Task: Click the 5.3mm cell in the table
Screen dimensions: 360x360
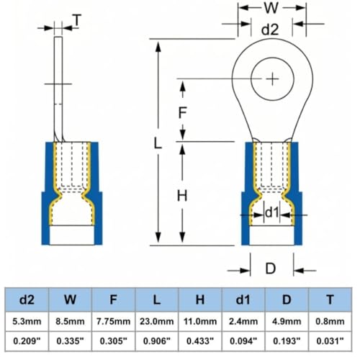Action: pos(27,321)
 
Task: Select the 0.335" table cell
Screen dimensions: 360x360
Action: pos(70,341)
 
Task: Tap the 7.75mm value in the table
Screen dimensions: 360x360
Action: pos(113,321)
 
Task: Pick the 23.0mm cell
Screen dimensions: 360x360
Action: pos(157,321)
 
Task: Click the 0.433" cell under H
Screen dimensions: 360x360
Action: pos(200,341)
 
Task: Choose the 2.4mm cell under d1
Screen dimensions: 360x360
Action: pos(243,321)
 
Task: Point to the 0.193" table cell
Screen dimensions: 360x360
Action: pos(287,341)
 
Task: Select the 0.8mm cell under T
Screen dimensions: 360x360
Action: pos(330,321)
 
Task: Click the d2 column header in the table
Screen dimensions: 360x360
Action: pos(27,300)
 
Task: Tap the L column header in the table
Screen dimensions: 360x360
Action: pos(157,300)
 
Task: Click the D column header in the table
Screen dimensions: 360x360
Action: pos(287,300)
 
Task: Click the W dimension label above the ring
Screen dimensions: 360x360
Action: pos(271,8)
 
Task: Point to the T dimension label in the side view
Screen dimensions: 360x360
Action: pos(77,20)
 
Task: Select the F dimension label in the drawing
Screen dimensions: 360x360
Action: pos(183,112)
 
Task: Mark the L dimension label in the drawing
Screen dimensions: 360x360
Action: pos(157,143)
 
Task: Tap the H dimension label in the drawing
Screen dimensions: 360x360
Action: pos(182,196)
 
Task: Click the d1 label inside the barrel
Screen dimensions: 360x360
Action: pos(272,212)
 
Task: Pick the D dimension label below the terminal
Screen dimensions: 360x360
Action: pos(271,269)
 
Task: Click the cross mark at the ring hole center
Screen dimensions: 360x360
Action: pos(272,78)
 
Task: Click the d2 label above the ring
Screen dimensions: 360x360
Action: pos(270,30)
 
